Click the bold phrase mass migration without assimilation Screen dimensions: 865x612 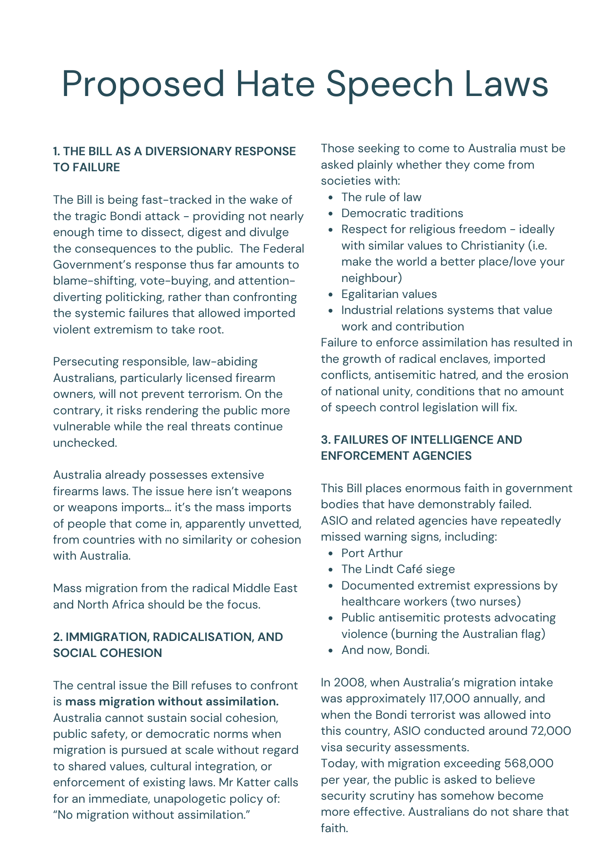172,702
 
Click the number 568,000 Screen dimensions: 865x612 529,763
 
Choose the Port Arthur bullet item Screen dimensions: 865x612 372,553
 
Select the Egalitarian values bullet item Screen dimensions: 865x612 389,294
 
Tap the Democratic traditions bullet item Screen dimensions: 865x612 402,213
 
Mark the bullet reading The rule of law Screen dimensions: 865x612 381,197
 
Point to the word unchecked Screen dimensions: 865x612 84,443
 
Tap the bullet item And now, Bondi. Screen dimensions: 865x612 385,650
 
